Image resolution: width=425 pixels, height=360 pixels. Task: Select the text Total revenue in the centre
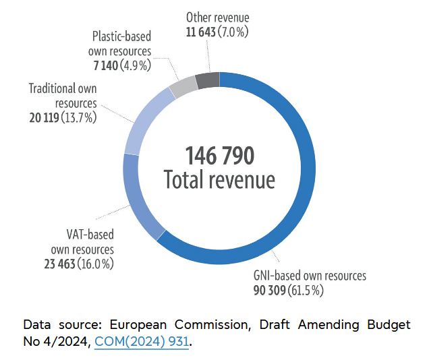point(220,180)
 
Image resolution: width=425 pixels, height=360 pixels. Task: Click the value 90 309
point(271,291)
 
